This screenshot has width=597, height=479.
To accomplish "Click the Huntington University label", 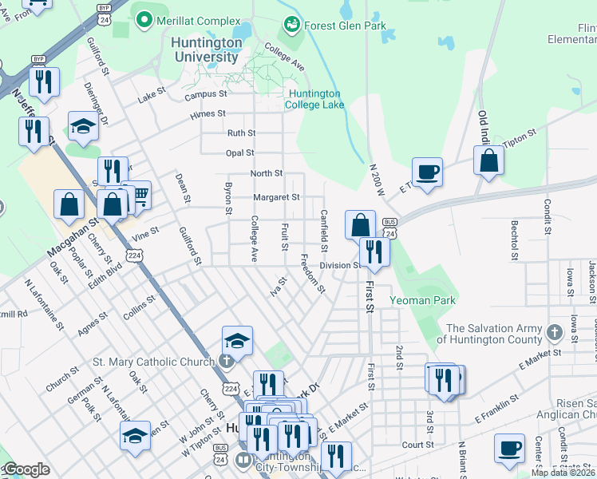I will point(207,49).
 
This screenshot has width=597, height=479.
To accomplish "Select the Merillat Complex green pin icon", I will point(144,20).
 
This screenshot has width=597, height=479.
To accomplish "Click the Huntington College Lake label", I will point(315,99).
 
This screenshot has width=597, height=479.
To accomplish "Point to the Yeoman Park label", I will point(422,300).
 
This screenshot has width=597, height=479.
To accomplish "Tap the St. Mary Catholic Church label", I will point(153,362).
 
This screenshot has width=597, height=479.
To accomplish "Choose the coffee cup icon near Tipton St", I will point(427,171).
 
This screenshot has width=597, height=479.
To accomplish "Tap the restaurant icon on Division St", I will point(373,251).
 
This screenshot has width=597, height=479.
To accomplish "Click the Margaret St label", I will point(276,197).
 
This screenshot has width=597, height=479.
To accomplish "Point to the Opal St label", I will point(239,152).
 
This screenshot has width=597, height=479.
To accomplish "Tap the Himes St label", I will point(208,114).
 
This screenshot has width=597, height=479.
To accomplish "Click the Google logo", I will point(26,470).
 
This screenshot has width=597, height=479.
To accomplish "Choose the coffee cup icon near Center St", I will point(509,448).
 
